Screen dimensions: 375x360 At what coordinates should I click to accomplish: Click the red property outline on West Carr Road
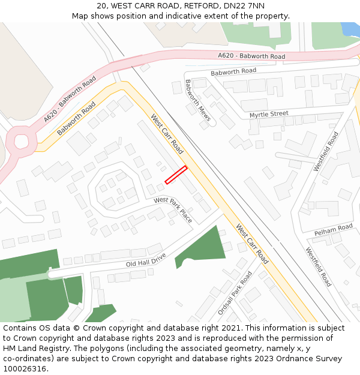(176, 175)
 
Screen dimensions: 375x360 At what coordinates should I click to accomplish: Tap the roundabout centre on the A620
(22, 142)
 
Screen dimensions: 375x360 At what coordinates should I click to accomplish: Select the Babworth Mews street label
(197, 100)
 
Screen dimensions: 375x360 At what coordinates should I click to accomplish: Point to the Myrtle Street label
(269, 114)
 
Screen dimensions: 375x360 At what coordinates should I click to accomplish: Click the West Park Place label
(173, 209)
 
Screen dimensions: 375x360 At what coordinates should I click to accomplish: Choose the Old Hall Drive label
(146, 259)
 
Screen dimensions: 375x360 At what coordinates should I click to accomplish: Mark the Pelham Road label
(334, 229)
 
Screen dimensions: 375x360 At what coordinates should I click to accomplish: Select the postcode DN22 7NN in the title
(244, 5)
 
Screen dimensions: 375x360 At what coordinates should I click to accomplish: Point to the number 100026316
(25, 369)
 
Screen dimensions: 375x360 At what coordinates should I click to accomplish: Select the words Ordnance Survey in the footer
(311, 359)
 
